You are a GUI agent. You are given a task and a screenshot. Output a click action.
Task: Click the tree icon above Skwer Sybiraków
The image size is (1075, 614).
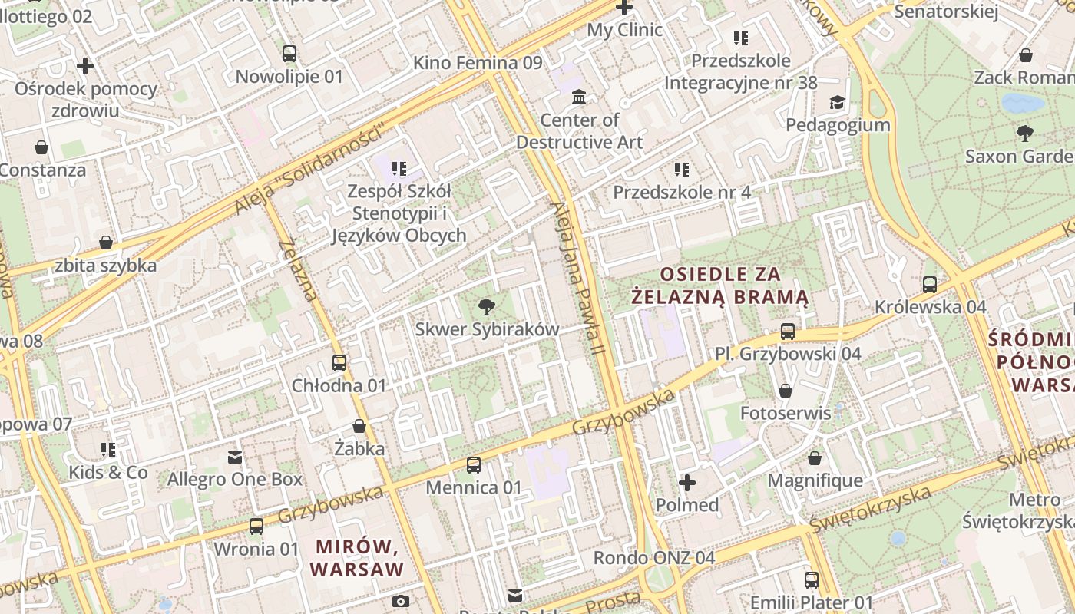point(486,308)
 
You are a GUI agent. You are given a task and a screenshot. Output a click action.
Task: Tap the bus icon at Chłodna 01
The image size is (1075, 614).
point(339,363)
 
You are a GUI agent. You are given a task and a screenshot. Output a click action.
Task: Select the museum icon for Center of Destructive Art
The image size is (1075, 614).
point(579,97)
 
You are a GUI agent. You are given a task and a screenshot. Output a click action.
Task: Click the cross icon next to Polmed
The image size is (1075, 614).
point(687,483)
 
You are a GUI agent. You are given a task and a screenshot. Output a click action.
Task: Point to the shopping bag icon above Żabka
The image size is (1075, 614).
point(359,426)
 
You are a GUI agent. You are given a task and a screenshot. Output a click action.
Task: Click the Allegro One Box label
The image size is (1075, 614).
point(235,480)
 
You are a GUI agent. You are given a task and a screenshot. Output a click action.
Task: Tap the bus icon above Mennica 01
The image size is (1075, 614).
point(474,465)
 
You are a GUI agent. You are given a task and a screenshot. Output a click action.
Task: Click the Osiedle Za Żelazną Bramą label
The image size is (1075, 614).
point(719,286)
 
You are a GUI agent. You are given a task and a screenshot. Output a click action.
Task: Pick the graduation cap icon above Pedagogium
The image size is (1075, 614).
point(836,102)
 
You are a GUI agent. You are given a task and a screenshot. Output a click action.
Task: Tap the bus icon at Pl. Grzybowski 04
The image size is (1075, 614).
point(788,332)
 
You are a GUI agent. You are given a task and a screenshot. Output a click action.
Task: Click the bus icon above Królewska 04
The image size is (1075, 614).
point(930,285)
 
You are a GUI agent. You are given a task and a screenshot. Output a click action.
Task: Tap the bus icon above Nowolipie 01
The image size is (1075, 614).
point(289,54)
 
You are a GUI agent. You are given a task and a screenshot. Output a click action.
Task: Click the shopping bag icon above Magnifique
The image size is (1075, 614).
point(815,458)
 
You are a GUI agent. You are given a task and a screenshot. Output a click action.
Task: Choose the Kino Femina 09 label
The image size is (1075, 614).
point(478,63)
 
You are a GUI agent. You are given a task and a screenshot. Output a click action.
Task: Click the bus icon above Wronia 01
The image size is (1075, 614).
point(256,527)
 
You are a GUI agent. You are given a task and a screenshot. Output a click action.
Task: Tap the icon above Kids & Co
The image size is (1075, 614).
point(108,449)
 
